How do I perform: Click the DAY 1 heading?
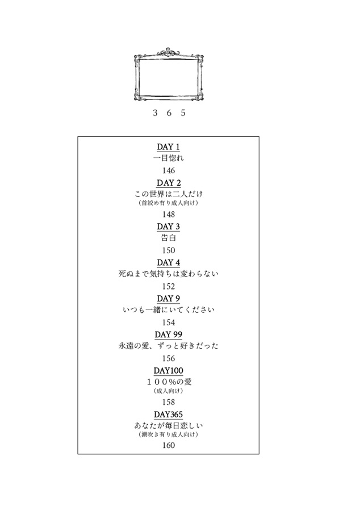(x=169, y=147)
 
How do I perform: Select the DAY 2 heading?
(x=169, y=183)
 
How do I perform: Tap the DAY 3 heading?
(x=169, y=227)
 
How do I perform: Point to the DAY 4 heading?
(x=169, y=263)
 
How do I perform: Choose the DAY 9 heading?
(x=169, y=299)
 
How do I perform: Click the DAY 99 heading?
(x=169, y=334)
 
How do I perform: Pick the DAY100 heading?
(x=169, y=371)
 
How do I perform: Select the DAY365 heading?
(x=169, y=414)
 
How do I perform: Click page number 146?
(x=169, y=170)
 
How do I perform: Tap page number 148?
(x=169, y=215)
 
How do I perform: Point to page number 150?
(x=169, y=250)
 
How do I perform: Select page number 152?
(x=169, y=287)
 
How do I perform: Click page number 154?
(x=169, y=322)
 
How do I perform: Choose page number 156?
(x=169, y=358)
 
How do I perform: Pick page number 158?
(x=169, y=402)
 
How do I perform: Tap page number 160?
(x=169, y=445)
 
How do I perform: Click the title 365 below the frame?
(x=169, y=113)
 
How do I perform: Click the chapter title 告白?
(x=169, y=237)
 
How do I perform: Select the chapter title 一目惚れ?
(x=169, y=158)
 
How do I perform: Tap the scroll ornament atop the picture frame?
(x=169, y=52)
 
